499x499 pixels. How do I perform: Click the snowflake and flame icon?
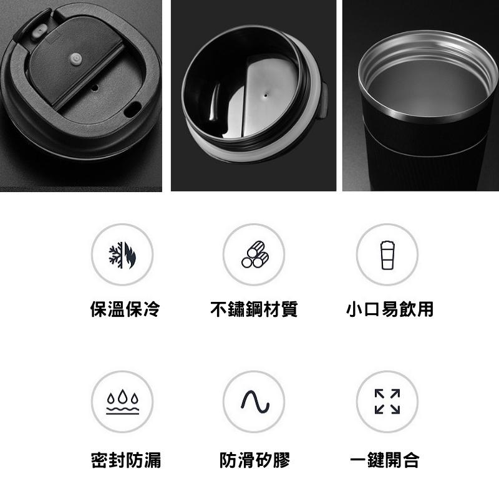[x=122, y=254]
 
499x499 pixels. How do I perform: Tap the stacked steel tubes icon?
[x=254, y=254]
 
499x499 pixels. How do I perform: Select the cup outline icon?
[x=387, y=254]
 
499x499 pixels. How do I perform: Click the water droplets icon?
[x=122, y=402]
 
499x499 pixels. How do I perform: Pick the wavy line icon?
[x=254, y=402]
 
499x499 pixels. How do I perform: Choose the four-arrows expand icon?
[x=387, y=402]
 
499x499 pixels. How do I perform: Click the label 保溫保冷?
[x=125, y=309]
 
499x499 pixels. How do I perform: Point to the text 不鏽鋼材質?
[x=254, y=309]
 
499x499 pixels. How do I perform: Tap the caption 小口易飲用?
[x=390, y=309]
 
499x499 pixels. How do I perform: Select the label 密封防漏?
[x=126, y=461]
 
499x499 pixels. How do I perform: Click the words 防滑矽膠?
[x=255, y=461]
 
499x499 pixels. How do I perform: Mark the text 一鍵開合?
[x=385, y=461]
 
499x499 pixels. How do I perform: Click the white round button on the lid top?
[x=77, y=59]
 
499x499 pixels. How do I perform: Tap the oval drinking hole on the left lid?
[x=132, y=110]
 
